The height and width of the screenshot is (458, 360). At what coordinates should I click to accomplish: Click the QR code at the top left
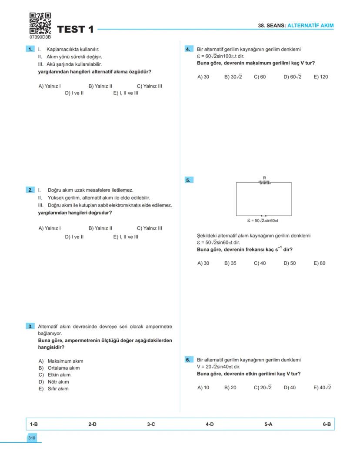(40, 23)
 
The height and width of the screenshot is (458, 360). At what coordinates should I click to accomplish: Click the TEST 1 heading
(75, 30)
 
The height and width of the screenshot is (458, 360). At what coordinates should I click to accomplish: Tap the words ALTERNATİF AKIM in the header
(310, 26)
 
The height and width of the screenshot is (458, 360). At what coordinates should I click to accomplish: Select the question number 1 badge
(30, 50)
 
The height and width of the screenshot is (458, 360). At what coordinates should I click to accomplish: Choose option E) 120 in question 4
(321, 77)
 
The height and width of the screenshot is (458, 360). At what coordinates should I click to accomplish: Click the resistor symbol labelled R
(264, 182)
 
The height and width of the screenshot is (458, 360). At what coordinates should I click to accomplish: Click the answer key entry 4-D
(210, 424)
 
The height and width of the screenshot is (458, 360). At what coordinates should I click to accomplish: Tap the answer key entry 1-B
(34, 424)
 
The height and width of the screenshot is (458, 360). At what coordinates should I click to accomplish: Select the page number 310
(32, 438)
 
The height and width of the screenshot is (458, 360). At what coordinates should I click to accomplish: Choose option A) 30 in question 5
(203, 263)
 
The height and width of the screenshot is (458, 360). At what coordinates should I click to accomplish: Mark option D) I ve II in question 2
(74, 237)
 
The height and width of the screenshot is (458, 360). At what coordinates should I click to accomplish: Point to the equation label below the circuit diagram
(263, 221)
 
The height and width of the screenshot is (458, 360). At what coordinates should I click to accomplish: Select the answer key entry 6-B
(327, 424)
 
